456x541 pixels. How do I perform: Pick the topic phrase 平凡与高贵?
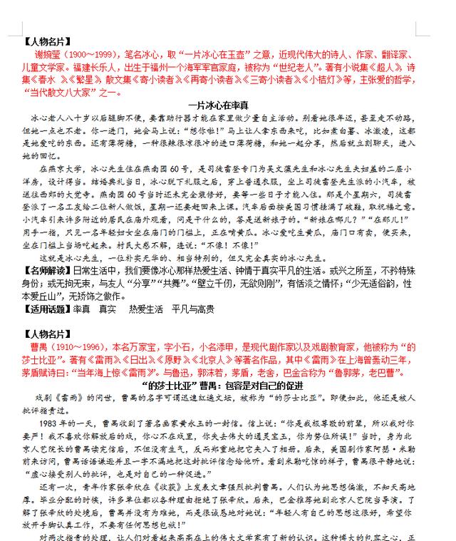click(x=193, y=309)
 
